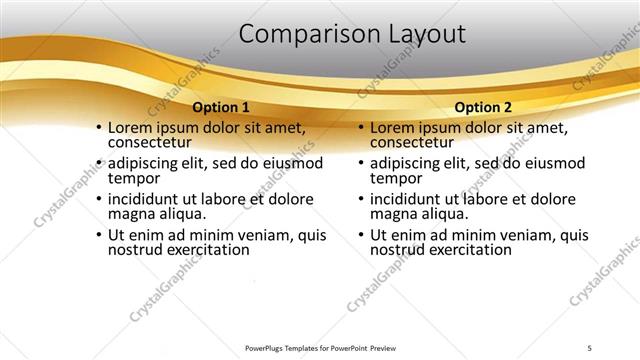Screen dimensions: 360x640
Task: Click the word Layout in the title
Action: click(x=421, y=34)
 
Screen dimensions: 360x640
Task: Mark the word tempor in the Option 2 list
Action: click(x=394, y=179)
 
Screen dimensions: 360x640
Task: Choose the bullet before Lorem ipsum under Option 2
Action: click(x=360, y=129)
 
